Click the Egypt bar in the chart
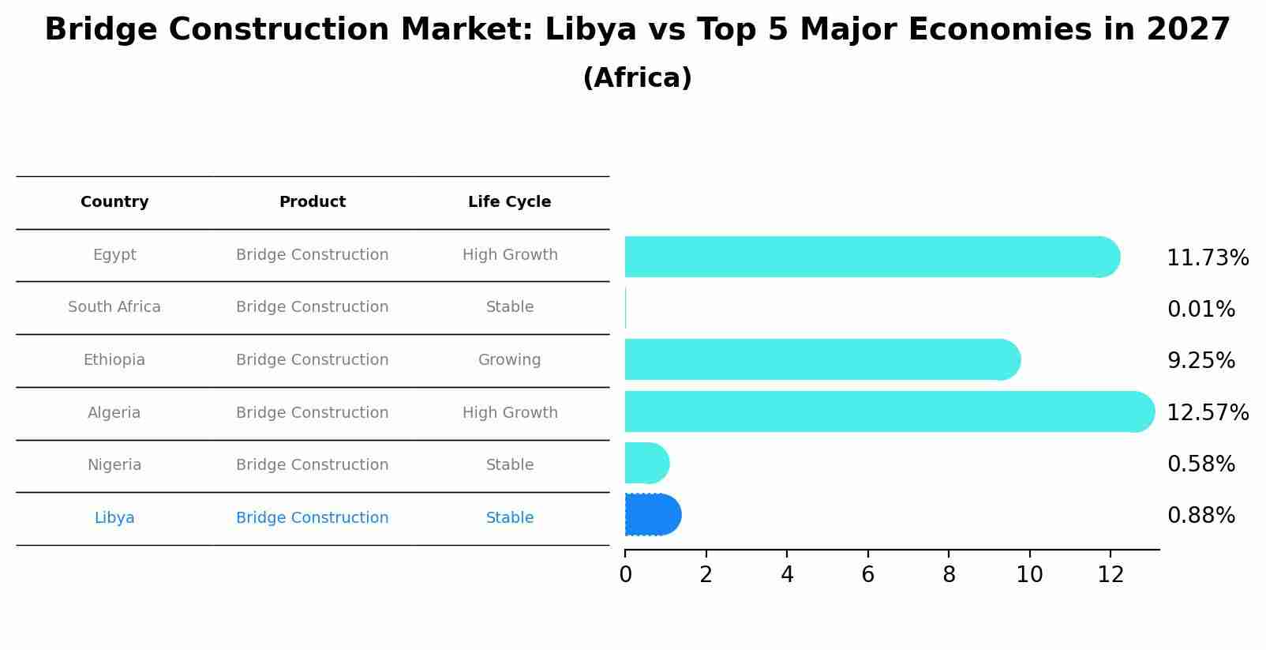pyautogui.click(x=868, y=257)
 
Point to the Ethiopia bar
pyautogui.click(x=821, y=359)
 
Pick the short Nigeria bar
pyautogui.click(x=646, y=463)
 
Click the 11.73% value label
pyautogui.click(x=1207, y=258)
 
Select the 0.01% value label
pyautogui.click(x=1200, y=310)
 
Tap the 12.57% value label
pyautogui.click(x=1207, y=413)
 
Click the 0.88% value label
pyautogui.click(x=1200, y=516)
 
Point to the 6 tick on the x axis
pyautogui.click(x=867, y=575)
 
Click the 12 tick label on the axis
pyautogui.click(x=1110, y=575)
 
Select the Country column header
pyautogui.click(x=114, y=202)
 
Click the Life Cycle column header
pyautogui.click(x=509, y=202)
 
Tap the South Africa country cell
pyautogui.click(x=114, y=307)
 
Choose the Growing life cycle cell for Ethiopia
pyautogui.click(x=509, y=360)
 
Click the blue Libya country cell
pyautogui.click(x=114, y=518)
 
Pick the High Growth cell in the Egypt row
pyautogui.click(x=509, y=255)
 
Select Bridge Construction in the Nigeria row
pyautogui.click(x=312, y=465)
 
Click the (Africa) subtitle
pyautogui.click(x=637, y=78)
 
